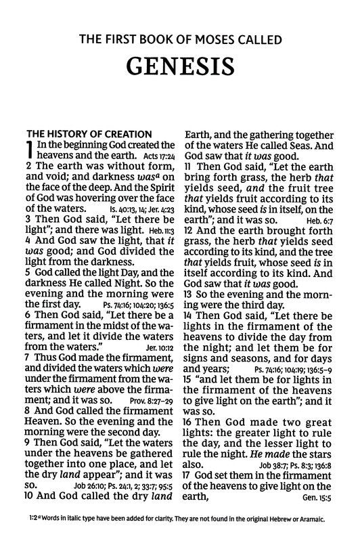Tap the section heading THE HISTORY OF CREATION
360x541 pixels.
88,134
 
